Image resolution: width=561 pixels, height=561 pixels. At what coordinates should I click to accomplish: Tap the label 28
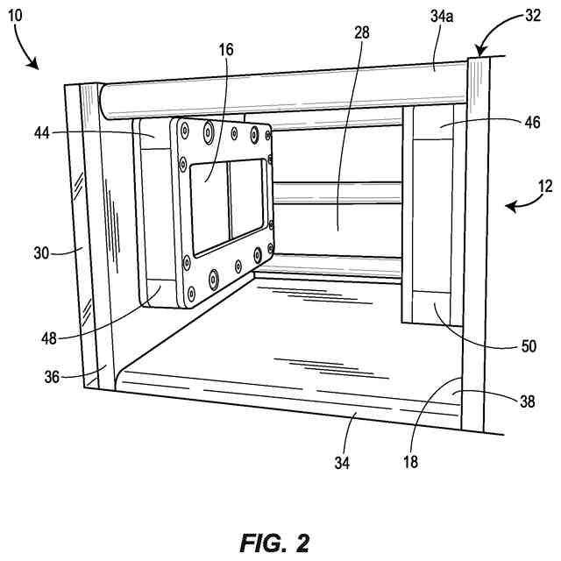point(362,32)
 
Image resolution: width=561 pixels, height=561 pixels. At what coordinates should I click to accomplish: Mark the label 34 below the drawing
point(341,463)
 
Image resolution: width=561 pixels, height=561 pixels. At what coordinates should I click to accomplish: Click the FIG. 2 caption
point(274,543)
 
